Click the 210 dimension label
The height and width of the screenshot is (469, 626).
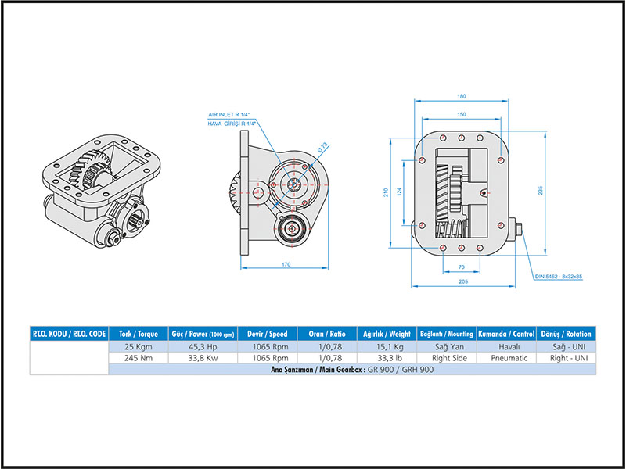pos(386,193)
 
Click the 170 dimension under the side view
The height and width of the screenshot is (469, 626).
pos(286,265)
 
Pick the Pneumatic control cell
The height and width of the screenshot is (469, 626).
pos(509,358)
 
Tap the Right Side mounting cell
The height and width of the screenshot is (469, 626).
pos(448,358)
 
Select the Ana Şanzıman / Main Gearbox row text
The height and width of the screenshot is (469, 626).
pos(350,370)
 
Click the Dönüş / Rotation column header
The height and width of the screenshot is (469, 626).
pos(567,334)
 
